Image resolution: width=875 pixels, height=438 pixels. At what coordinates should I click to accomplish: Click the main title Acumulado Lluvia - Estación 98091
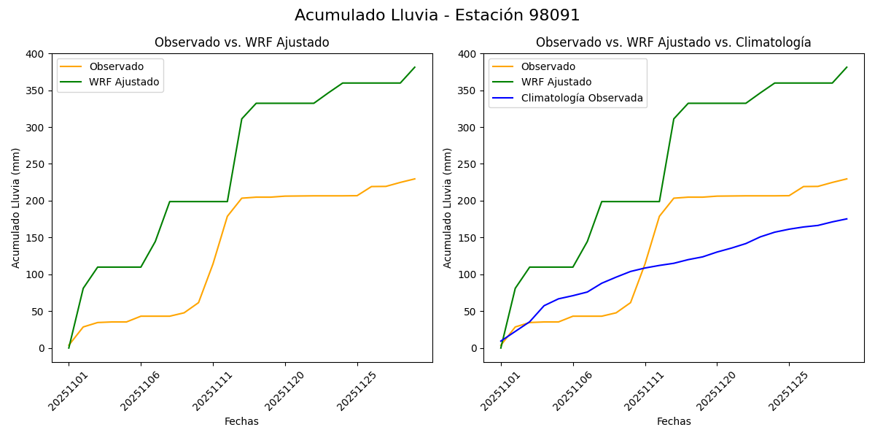(437, 15)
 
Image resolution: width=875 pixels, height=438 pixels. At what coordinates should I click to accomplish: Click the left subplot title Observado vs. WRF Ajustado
(241, 42)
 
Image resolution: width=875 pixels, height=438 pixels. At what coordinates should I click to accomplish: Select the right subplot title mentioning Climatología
(673, 42)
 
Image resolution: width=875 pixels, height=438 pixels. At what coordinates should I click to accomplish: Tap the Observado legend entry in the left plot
(116, 66)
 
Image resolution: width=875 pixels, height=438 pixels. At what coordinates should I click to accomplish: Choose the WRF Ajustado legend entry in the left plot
(124, 82)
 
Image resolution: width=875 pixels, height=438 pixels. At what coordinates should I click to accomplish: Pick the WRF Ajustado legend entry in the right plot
(556, 82)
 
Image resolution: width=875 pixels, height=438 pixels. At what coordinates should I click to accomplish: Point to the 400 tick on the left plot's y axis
(36, 54)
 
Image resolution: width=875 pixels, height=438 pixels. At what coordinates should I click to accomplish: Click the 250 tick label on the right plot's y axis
(467, 164)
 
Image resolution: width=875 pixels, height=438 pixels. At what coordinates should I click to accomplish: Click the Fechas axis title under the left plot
(241, 422)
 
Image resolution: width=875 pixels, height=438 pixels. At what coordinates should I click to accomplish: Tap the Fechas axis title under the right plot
(674, 422)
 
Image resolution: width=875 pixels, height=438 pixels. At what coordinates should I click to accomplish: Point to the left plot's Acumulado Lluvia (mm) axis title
(16, 207)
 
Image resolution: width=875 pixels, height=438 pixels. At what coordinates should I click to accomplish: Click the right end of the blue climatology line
(847, 218)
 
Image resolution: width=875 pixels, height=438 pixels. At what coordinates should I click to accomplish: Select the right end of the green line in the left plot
(415, 67)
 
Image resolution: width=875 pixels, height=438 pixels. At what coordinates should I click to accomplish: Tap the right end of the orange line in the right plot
(847, 179)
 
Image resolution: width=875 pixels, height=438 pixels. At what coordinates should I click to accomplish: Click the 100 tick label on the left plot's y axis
(36, 274)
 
